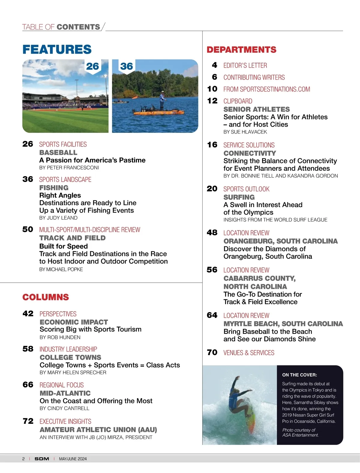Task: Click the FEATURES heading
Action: pos(57,50)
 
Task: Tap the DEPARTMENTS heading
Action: pos(241,50)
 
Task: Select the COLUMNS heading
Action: pos(46,297)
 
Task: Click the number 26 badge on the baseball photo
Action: pos(92,66)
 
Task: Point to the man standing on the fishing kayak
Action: pos(162,100)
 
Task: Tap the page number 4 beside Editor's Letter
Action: pos(214,65)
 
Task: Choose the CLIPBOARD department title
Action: pos(238,101)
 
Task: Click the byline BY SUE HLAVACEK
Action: pos(245,132)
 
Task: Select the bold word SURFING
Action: pos(239,197)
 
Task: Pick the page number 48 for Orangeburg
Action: pos(212,233)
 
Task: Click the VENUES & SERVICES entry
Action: pos(249,353)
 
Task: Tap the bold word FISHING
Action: pos(54,188)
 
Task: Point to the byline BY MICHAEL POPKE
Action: pos(61,270)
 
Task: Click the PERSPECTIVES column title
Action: pos(58,314)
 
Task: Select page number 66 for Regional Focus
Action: pos(28,385)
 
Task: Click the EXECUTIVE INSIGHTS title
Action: pos(65,421)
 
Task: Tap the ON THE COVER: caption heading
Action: pos(299,375)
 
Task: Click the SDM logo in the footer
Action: pos(42,459)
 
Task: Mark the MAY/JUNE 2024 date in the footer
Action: pos(73,459)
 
